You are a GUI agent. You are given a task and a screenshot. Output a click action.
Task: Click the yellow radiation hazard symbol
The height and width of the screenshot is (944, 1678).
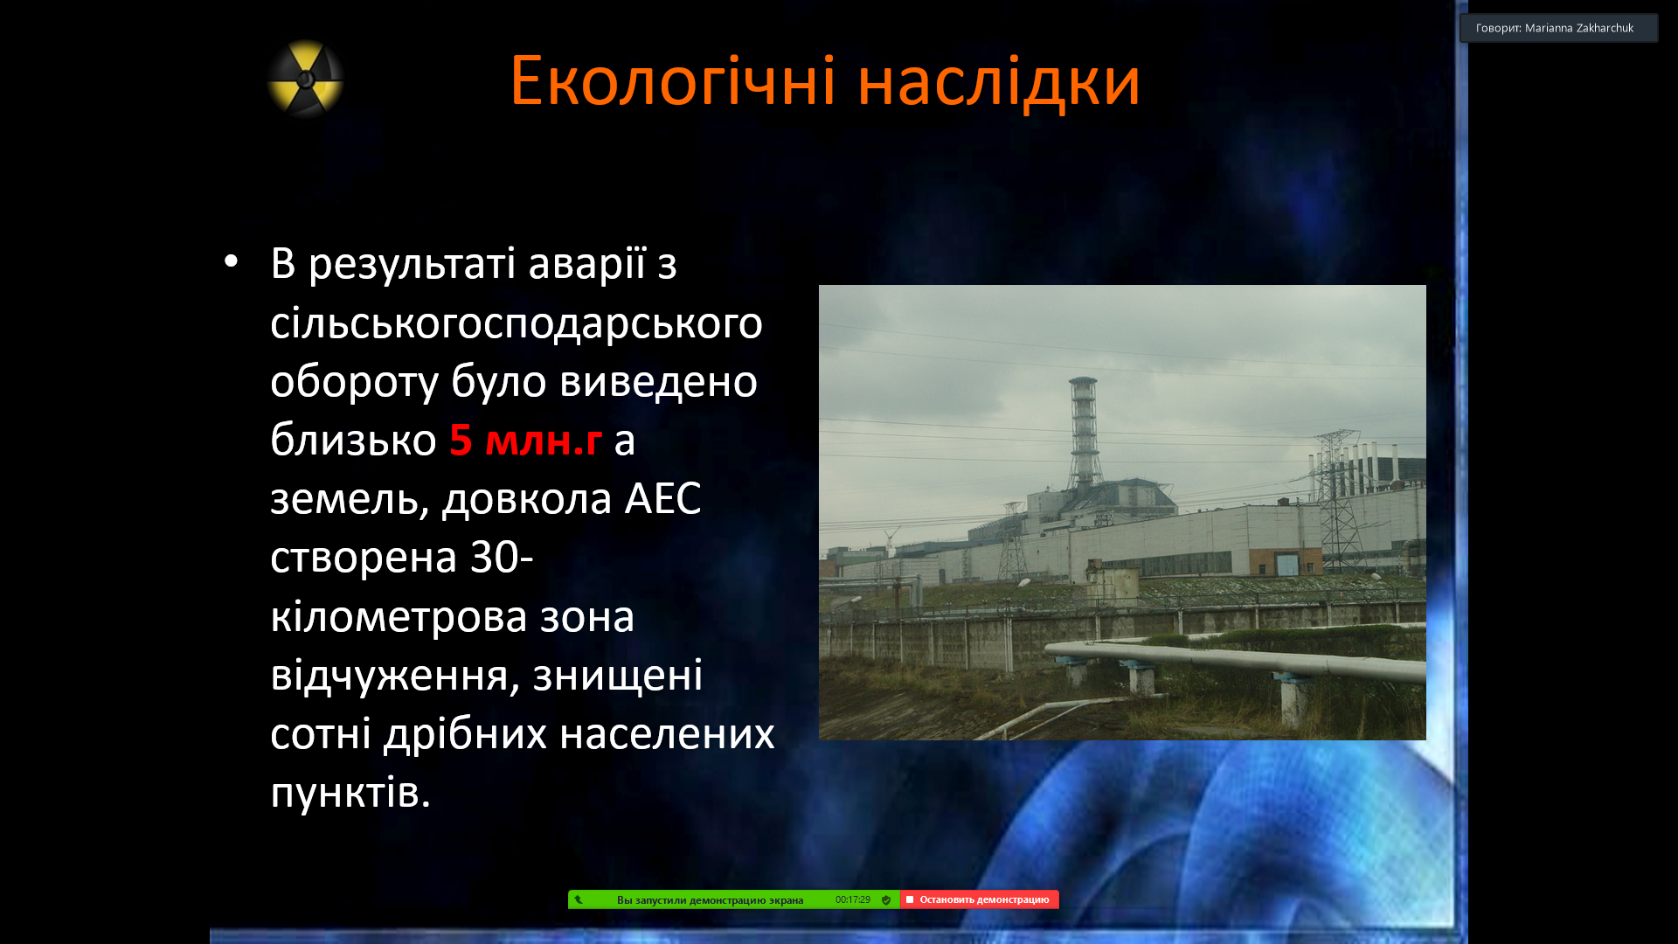point(305,79)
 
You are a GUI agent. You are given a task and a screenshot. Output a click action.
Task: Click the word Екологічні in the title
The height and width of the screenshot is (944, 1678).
point(673,82)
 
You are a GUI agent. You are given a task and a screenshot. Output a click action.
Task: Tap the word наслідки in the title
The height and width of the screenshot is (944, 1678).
point(999,82)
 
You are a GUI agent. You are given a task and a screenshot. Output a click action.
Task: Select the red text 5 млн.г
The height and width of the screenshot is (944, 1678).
point(525,440)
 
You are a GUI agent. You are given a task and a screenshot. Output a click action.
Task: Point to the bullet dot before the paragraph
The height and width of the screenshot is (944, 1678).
point(231,260)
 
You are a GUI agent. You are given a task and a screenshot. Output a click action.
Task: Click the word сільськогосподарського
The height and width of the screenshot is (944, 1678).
point(517,323)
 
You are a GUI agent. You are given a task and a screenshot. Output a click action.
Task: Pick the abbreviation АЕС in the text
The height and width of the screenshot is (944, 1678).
point(662,498)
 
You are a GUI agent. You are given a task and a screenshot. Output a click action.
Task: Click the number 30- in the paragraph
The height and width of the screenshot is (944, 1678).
point(502,557)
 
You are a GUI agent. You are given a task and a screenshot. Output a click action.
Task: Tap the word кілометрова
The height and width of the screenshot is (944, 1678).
point(452,616)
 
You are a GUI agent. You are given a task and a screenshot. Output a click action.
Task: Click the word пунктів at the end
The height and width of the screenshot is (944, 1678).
point(350,793)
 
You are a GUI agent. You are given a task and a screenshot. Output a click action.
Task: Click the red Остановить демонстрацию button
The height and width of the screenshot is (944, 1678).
point(980,899)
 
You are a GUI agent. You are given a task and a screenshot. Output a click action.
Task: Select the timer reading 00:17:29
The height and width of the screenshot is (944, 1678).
point(852,899)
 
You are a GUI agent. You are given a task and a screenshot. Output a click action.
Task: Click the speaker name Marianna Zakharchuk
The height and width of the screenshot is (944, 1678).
point(1578,28)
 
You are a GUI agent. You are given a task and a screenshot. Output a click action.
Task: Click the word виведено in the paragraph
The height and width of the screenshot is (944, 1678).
point(658,382)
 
